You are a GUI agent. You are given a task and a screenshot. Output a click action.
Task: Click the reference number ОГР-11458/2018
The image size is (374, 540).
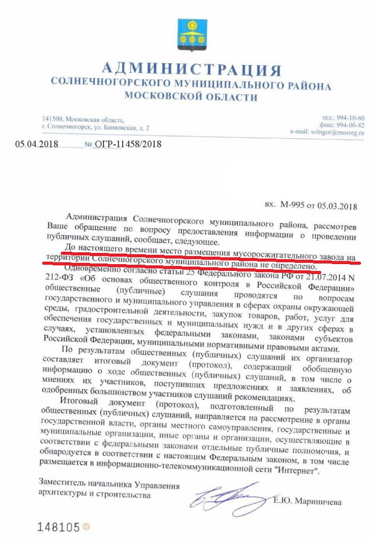click(x=128, y=144)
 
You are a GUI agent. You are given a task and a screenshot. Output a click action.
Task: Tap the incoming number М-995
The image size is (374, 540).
click(x=292, y=203)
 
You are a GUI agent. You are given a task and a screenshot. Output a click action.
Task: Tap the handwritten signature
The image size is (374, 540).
click(x=222, y=497)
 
